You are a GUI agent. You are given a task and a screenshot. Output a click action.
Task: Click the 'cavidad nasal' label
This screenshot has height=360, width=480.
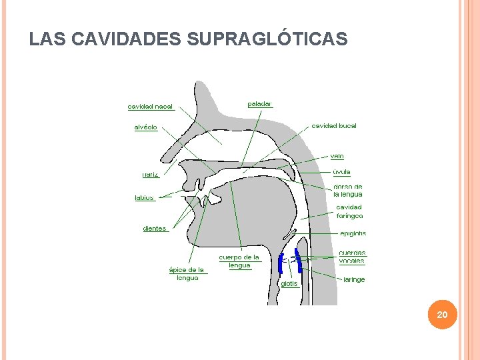click(150, 107)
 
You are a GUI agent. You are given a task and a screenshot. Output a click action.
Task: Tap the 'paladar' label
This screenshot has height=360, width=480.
click(259, 104)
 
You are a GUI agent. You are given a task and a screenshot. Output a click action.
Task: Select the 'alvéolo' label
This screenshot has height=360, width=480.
click(146, 127)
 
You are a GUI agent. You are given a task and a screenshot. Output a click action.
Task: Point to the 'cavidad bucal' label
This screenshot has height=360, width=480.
click(334, 126)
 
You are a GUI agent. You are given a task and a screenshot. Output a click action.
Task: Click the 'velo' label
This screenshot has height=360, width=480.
click(337, 157)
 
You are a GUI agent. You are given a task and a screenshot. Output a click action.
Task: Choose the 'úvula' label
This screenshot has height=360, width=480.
click(341, 172)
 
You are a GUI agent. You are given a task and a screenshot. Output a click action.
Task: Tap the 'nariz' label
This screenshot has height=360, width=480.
click(151, 175)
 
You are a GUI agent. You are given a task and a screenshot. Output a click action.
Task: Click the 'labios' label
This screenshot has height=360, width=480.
click(145, 198)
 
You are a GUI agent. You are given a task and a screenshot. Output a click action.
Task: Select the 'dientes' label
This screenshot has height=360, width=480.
click(155, 229)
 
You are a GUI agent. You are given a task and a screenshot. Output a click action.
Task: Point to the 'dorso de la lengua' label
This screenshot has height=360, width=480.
click(348, 191)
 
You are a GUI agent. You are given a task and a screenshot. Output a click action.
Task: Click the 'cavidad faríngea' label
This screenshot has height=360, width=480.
click(349, 211)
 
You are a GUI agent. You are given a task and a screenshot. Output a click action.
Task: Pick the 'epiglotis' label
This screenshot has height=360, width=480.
click(353, 233)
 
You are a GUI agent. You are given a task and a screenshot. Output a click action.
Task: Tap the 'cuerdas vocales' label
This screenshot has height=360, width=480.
click(352, 257)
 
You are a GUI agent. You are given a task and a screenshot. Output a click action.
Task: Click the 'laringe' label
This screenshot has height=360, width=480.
click(354, 279)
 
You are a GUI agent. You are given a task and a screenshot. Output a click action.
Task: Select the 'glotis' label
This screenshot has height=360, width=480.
click(289, 284)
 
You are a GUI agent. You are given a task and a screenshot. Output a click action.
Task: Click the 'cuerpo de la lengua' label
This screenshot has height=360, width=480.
click(239, 261)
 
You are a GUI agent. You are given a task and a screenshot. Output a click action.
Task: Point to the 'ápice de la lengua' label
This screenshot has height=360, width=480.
click(187, 274)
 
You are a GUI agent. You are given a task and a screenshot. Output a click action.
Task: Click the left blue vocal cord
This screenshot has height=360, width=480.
click(281, 264)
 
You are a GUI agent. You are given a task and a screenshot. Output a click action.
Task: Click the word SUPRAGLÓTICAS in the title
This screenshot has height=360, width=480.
click(267, 40)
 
